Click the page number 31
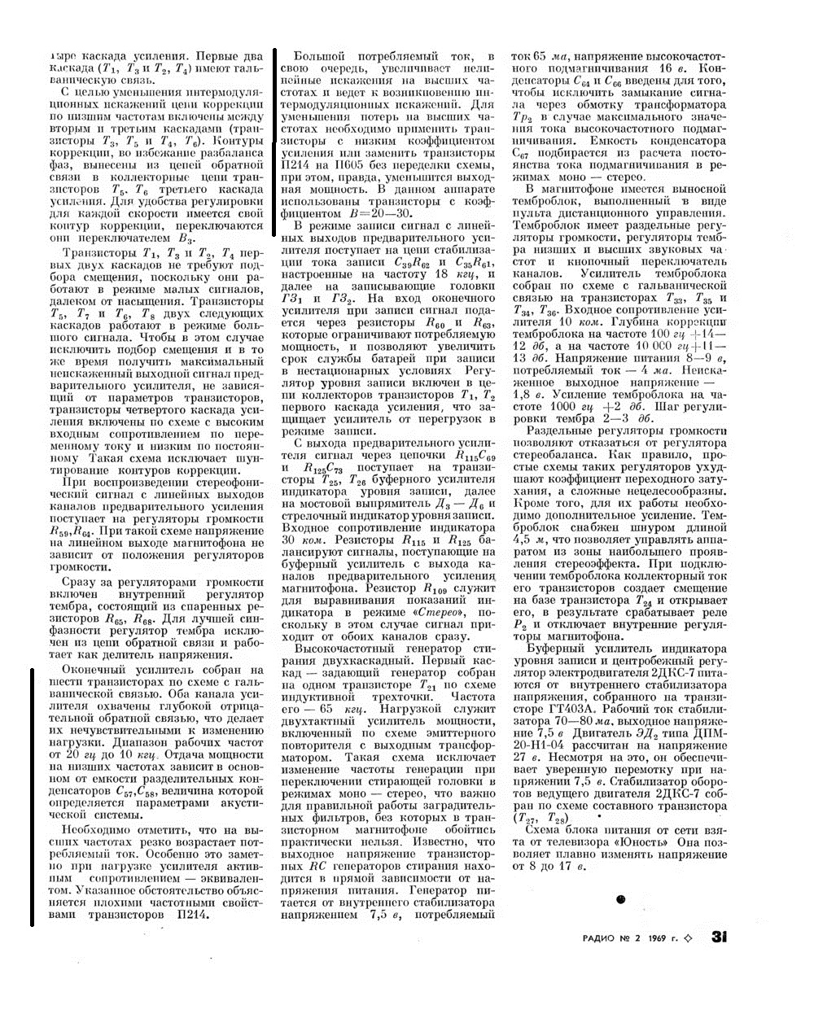pos(719,937)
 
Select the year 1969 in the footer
pos(659,937)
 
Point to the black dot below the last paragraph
pos(621,899)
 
